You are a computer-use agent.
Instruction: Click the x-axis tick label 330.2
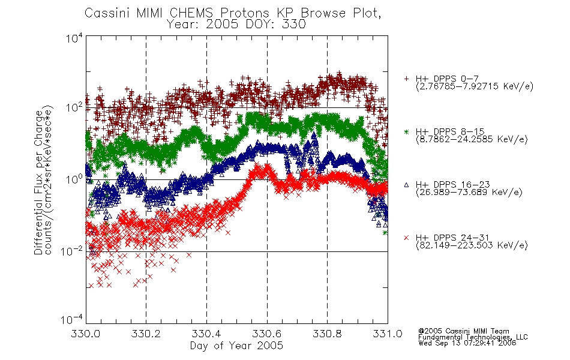point(146,334)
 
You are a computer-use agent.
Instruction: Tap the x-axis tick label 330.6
point(267,334)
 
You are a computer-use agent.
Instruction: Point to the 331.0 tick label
point(388,334)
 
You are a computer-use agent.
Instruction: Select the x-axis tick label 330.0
point(85,334)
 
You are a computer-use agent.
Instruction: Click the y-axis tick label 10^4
point(74,38)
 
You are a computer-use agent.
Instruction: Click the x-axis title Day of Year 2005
point(236,346)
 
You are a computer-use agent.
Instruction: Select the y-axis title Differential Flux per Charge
point(39,182)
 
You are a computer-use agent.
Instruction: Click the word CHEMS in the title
point(191,13)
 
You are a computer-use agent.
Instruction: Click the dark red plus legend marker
point(406,79)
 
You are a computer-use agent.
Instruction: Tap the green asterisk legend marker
point(406,131)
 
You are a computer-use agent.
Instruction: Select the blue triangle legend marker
point(406,185)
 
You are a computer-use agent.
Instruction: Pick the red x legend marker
point(406,238)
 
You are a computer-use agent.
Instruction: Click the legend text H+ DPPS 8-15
point(450,131)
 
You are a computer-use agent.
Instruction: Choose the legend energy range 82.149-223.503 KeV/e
point(472,245)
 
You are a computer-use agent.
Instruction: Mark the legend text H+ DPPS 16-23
point(453,184)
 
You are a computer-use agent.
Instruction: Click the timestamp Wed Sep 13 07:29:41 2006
point(467,343)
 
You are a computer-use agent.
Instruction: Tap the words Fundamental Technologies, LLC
point(473,337)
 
